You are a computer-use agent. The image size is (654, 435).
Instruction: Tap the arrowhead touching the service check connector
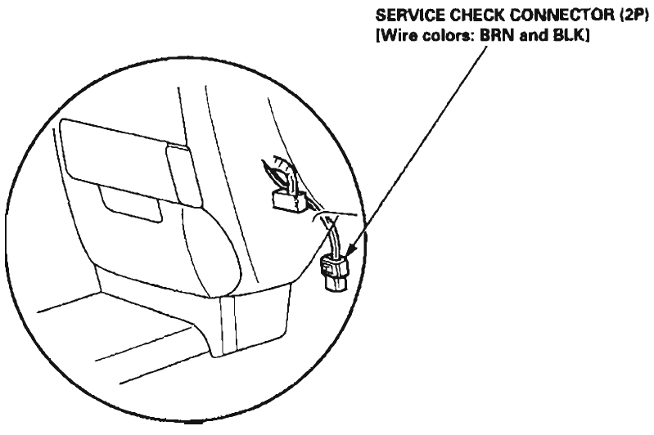pos(351,249)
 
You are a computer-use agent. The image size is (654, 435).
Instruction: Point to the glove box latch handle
pos(183,175)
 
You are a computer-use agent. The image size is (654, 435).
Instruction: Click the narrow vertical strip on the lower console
pos(228,325)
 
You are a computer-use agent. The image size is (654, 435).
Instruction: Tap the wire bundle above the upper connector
pos(279,173)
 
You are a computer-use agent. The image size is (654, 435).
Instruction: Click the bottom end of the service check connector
pos(335,289)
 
